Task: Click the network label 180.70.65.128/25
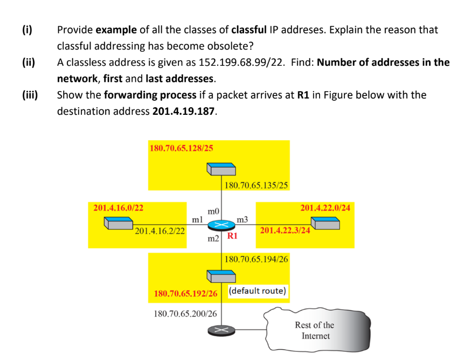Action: click(x=181, y=148)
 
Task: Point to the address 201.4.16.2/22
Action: click(x=160, y=231)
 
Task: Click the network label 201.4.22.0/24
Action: click(x=325, y=207)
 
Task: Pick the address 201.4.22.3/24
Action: click(x=285, y=231)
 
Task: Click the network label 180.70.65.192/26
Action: click(x=186, y=294)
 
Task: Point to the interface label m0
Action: click(x=213, y=210)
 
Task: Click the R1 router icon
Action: click(x=221, y=225)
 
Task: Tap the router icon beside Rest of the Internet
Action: click(x=221, y=330)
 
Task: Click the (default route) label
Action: click(x=257, y=291)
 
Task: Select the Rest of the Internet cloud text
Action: click(x=315, y=330)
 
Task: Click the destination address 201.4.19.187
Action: click(x=183, y=111)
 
